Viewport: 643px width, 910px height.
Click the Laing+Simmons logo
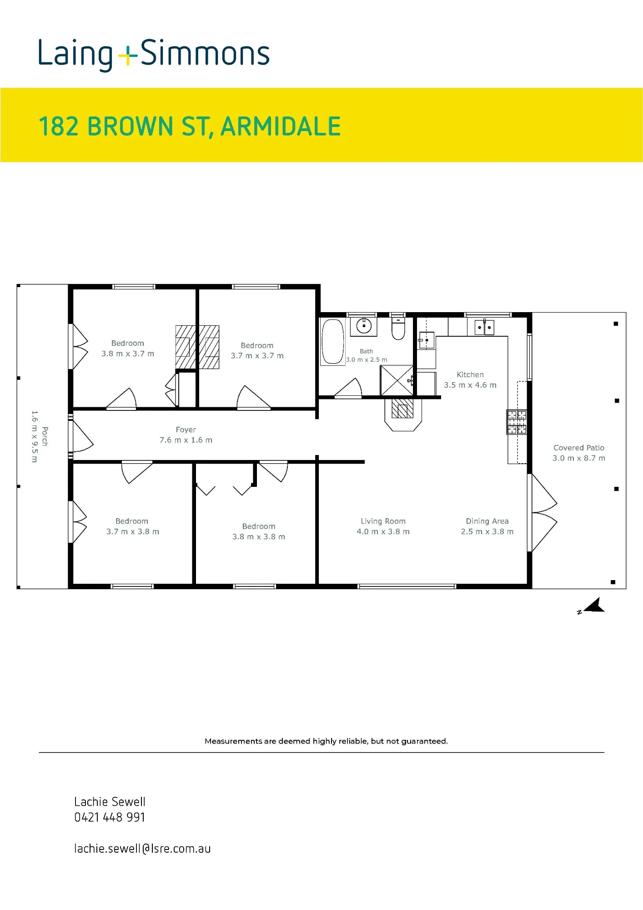click(154, 55)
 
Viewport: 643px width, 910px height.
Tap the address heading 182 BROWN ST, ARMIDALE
click(190, 126)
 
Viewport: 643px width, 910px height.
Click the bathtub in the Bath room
click(333, 341)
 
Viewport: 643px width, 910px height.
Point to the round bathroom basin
click(364, 326)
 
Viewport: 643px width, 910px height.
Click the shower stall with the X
click(397, 380)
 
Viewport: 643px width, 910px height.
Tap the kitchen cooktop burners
click(517, 422)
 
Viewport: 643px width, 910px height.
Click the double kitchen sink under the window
click(484, 327)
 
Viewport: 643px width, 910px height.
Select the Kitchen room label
click(470, 374)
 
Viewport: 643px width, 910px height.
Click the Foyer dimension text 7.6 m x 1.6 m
click(186, 440)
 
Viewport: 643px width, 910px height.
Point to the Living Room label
click(383, 521)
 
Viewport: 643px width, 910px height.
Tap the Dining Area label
click(487, 521)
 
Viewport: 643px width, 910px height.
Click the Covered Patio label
click(579, 448)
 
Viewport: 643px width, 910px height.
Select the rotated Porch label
click(45, 436)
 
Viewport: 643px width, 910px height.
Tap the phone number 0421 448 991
click(110, 817)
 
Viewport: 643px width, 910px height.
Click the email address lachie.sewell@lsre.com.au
click(142, 848)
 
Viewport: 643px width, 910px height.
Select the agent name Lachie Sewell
click(110, 802)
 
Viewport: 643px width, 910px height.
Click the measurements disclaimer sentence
click(326, 741)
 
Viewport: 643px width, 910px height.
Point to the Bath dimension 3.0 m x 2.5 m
click(367, 359)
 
